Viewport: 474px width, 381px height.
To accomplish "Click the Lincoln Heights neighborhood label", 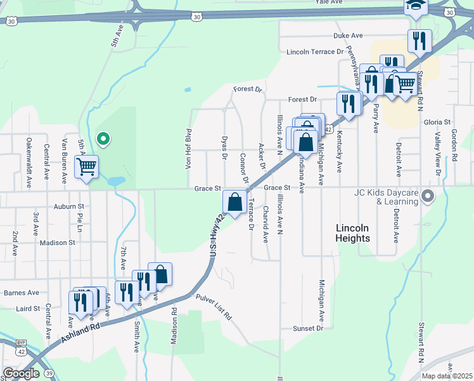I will [353, 232].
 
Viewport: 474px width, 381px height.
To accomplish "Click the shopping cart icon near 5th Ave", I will [86, 167].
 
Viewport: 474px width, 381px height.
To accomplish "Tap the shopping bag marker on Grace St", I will [235, 203].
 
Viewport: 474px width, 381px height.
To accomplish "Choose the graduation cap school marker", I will [416, 6].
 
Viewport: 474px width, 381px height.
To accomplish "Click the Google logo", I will [21, 373].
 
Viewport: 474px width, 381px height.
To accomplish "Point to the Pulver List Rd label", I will [214, 307].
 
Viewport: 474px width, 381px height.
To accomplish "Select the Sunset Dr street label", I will [308, 328].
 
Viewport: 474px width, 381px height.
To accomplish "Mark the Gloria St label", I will [437, 122].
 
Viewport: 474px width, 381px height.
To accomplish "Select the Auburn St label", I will [69, 206].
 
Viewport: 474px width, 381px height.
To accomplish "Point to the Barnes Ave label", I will [22, 293].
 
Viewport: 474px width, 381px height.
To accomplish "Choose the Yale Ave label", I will [328, 3].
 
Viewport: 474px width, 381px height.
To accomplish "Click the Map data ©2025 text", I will [447, 376].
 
